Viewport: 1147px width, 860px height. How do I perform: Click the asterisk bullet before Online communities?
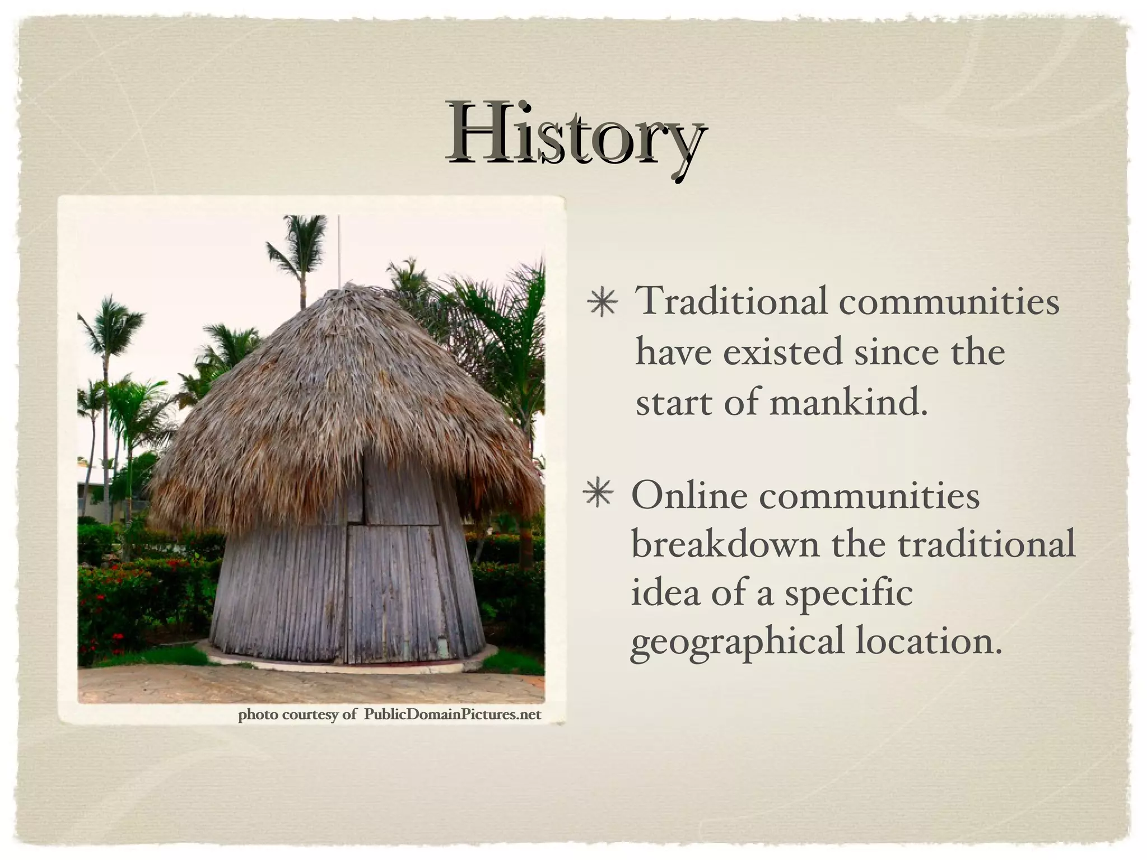[598, 496]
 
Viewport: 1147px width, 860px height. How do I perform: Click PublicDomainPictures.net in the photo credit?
[453, 715]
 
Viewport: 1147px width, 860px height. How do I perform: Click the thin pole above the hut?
[339, 246]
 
